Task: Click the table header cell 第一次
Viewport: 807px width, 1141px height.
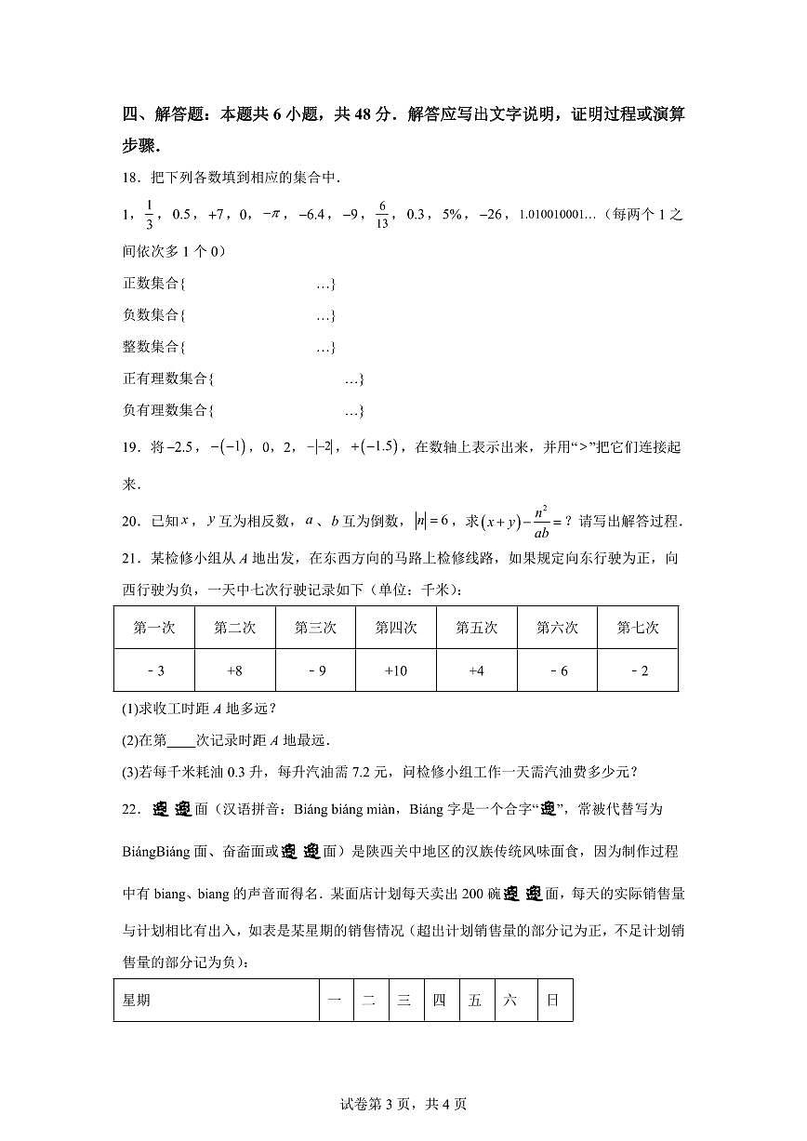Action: coord(154,628)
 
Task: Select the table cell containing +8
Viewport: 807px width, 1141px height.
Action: coord(234,670)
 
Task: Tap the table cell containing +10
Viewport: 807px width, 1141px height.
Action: coord(396,670)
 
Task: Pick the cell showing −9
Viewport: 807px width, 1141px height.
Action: coord(315,670)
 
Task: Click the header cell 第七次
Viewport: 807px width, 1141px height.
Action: coord(638,628)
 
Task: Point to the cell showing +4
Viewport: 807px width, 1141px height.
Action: coord(477,670)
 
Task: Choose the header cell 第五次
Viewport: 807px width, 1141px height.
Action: coord(477,628)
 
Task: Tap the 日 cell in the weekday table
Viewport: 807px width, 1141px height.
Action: coord(553,1001)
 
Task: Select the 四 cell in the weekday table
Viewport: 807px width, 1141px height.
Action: coord(440,1001)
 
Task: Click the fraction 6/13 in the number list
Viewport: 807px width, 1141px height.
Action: coord(381,215)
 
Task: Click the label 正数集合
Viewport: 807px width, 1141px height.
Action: coord(151,284)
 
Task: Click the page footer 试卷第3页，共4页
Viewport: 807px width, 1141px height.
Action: coord(403,1104)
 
